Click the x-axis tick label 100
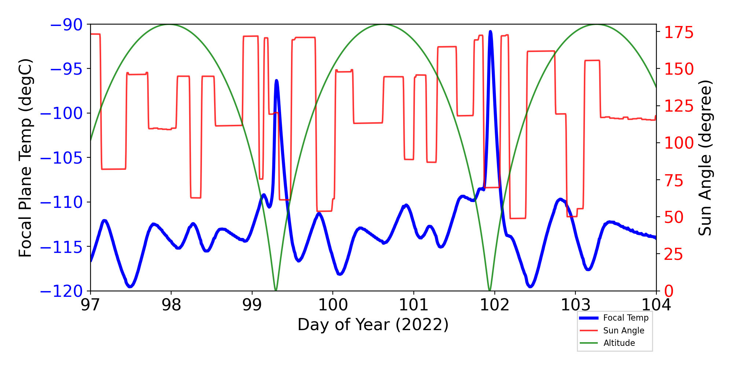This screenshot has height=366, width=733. click(333, 305)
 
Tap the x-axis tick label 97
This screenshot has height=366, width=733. click(90, 305)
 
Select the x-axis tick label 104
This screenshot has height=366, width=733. click(656, 305)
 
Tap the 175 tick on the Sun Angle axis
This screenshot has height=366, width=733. click(679, 33)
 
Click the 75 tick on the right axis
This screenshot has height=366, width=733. click(674, 180)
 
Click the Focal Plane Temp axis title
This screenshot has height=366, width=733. click(26, 158)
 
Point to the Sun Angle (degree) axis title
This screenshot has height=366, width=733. click(704, 158)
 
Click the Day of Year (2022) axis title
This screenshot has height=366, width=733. click(373, 325)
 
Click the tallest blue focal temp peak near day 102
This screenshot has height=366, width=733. click(490, 32)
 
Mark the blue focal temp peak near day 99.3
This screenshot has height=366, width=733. click(276, 81)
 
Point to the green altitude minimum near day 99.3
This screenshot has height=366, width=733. click(276, 290)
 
